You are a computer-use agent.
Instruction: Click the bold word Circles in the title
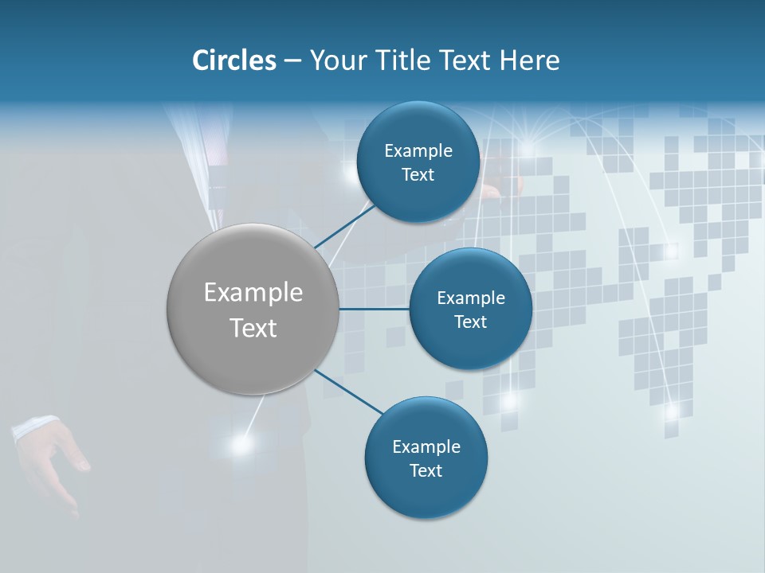pyautogui.click(x=234, y=60)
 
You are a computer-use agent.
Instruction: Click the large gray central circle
pyautogui.click(x=253, y=358)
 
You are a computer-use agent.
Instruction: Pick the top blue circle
pyautogui.click(x=418, y=127)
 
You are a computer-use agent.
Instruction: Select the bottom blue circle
pyautogui.click(x=426, y=497)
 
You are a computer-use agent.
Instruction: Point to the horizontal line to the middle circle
pyautogui.click(x=375, y=309)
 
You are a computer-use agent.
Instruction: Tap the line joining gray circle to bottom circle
pyautogui.click(x=348, y=392)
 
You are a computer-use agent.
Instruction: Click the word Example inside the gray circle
pyautogui.click(x=253, y=293)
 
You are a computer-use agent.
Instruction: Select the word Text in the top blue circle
pyautogui.click(x=418, y=175)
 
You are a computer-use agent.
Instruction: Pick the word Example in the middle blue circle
pyautogui.click(x=471, y=298)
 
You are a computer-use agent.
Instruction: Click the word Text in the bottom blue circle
pyautogui.click(x=426, y=470)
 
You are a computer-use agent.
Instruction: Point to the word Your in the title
pyautogui.click(x=334, y=60)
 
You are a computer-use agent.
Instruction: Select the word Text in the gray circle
pyautogui.click(x=253, y=328)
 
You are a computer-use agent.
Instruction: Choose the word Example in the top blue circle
pyautogui.click(x=418, y=151)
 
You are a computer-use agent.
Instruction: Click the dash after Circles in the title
pyautogui.click(x=292, y=60)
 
